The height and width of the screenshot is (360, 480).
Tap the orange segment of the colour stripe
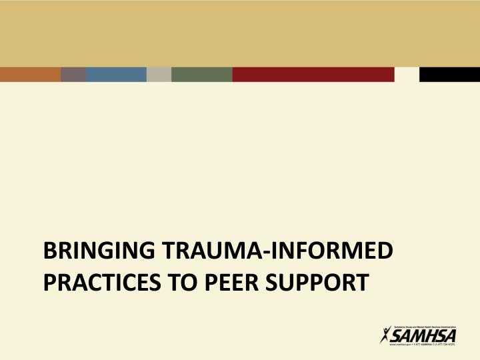(30, 74)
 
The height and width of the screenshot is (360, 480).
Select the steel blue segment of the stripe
(116, 74)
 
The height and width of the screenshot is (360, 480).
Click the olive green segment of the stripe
(201, 74)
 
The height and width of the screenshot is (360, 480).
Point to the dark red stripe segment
(313, 74)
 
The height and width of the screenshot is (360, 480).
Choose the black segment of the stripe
(449, 74)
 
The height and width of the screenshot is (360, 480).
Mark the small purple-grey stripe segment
(73, 74)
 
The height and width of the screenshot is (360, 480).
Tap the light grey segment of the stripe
(159, 74)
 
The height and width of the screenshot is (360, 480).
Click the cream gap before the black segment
(407, 74)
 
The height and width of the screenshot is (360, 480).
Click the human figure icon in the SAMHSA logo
(385, 337)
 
